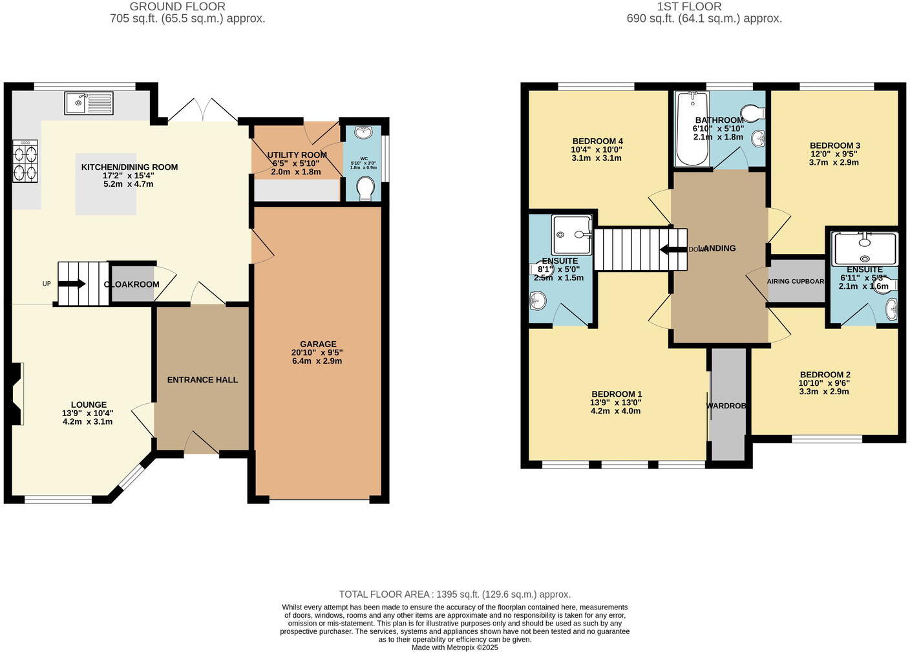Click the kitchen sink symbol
click(x=89, y=103)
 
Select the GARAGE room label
click(x=317, y=344)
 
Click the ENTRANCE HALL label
click(x=202, y=380)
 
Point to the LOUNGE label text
click(x=89, y=405)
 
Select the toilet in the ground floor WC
click(x=365, y=188)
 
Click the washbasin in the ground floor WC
click(x=364, y=132)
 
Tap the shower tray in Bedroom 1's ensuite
click(x=571, y=235)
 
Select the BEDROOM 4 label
click(x=597, y=142)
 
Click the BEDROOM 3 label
click(x=834, y=146)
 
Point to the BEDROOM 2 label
click(x=825, y=375)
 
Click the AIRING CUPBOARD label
click(x=796, y=282)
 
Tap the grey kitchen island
click(x=106, y=184)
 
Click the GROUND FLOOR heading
click(x=177, y=6)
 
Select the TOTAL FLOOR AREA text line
click(x=454, y=594)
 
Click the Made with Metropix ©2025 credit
click(x=454, y=647)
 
